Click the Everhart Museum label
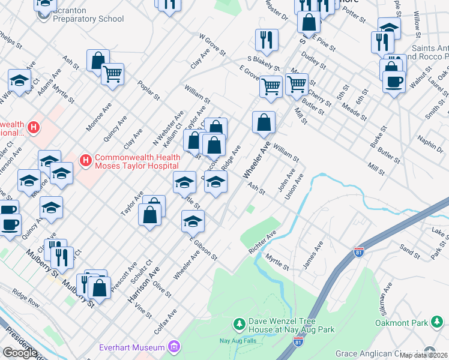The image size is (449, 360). [x=131, y=347]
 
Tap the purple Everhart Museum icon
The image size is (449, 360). [x=174, y=347]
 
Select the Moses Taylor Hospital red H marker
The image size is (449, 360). [x=86, y=160]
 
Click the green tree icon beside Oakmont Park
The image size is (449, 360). [x=438, y=323]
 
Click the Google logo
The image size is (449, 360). [x=20, y=352]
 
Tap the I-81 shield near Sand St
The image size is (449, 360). [x=359, y=251]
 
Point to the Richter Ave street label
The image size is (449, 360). [x=263, y=242]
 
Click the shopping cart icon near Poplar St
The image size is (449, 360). [x=112, y=74]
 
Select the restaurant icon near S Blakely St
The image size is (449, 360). [x=265, y=40]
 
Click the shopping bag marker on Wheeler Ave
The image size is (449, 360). [x=264, y=122]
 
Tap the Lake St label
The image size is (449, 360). [x=440, y=230]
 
